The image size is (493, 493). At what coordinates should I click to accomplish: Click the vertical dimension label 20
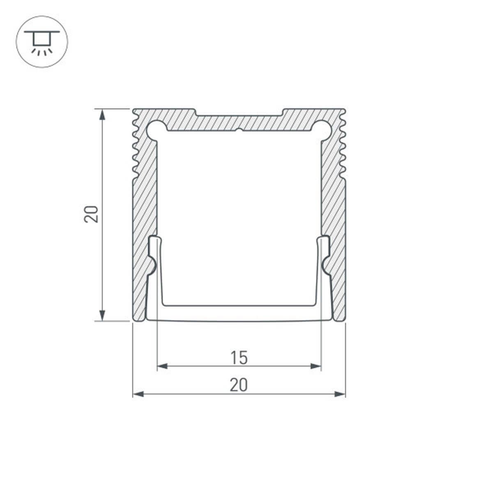(91, 214)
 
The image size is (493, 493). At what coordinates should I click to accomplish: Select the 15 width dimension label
(239, 357)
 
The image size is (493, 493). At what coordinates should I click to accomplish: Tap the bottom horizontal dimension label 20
(239, 385)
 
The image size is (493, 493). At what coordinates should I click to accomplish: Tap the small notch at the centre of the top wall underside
(239, 131)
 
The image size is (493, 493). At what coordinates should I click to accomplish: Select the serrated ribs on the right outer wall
(343, 148)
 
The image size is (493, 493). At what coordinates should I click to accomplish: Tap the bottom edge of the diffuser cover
(239, 320)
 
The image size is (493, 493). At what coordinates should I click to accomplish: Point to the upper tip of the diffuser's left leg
(154, 238)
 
